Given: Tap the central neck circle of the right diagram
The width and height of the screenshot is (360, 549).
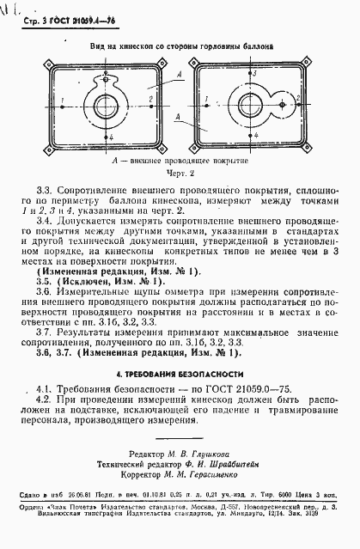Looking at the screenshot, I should (254, 105).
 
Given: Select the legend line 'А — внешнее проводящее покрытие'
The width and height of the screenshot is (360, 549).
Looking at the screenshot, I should (180, 160).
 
